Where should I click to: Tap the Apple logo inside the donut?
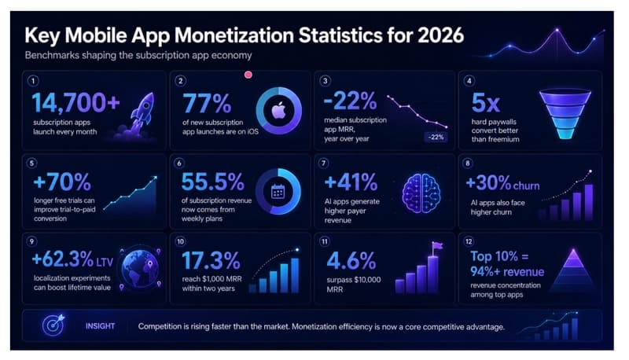[x=279, y=110]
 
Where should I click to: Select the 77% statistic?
[x=207, y=104]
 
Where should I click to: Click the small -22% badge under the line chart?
[x=436, y=137]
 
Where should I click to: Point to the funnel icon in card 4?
[x=565, y=114]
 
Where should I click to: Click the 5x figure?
[x=485, y=103]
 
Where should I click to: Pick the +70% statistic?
[x=62, y=182]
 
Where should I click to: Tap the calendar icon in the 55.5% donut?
[x=278, y=192]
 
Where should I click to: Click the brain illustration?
[x=421, y=193]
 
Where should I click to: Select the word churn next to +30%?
[x=526, y=186]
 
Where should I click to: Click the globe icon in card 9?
[x=140, y=268]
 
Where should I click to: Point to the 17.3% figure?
[x=211, y=261]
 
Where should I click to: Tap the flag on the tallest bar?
[x=437, y=245]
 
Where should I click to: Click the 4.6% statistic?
[x=351, y=261]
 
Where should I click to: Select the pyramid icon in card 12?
[x=574, y=270]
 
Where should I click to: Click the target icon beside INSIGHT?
[x=53, y=325]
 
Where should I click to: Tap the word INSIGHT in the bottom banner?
[x=100, y=326]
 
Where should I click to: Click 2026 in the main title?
[x=440, y=35]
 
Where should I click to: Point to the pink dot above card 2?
[x=248, y=75]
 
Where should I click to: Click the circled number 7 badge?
[x=323, y=163]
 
